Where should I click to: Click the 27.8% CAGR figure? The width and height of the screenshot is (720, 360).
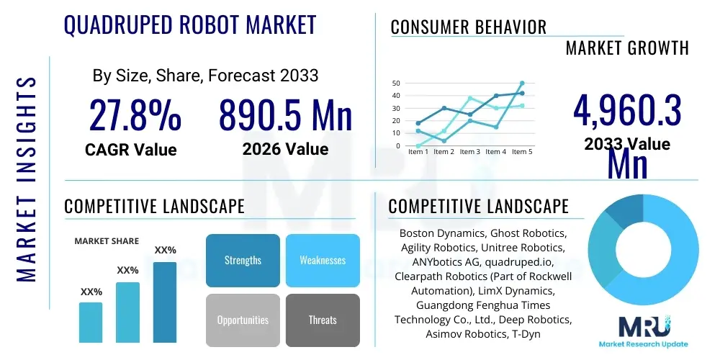135,115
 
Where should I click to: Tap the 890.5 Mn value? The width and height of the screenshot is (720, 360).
285,115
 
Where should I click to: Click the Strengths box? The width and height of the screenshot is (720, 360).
243,260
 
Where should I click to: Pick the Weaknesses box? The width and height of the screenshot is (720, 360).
323,260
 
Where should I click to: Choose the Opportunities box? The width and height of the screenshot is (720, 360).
243,320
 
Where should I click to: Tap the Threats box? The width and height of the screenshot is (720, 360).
323,320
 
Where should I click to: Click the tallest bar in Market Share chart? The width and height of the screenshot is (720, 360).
165,302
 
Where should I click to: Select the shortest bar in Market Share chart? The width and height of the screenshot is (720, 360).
91,322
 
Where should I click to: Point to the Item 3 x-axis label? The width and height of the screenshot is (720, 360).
470,152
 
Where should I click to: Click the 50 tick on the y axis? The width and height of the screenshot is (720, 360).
395,84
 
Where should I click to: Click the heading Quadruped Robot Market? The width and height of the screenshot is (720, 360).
190,26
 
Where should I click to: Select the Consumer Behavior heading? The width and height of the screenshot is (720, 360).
469,27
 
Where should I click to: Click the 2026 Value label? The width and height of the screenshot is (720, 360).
285,149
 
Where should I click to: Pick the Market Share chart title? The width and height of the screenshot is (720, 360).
107,241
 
